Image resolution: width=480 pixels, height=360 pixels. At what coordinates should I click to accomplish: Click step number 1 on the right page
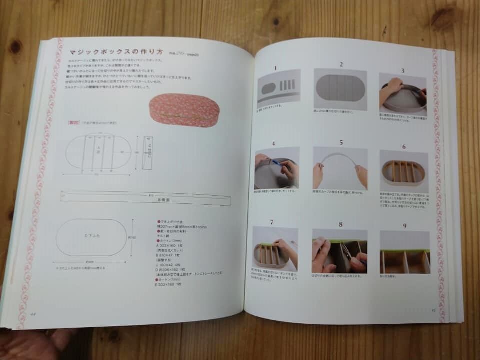(274, 67)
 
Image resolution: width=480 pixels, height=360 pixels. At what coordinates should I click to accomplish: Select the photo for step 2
(340, 89)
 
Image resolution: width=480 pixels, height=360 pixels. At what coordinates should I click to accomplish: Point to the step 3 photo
(403, 94)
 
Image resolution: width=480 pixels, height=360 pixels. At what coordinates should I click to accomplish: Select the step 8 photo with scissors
(340, 251)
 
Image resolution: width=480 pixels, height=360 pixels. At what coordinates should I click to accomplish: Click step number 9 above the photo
(404, 225)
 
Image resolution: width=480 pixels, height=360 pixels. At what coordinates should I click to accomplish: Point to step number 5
(341, 142)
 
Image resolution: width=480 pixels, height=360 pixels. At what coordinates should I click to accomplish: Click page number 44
(33, 314)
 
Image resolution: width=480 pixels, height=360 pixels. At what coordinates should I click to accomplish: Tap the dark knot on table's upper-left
(15, 47)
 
